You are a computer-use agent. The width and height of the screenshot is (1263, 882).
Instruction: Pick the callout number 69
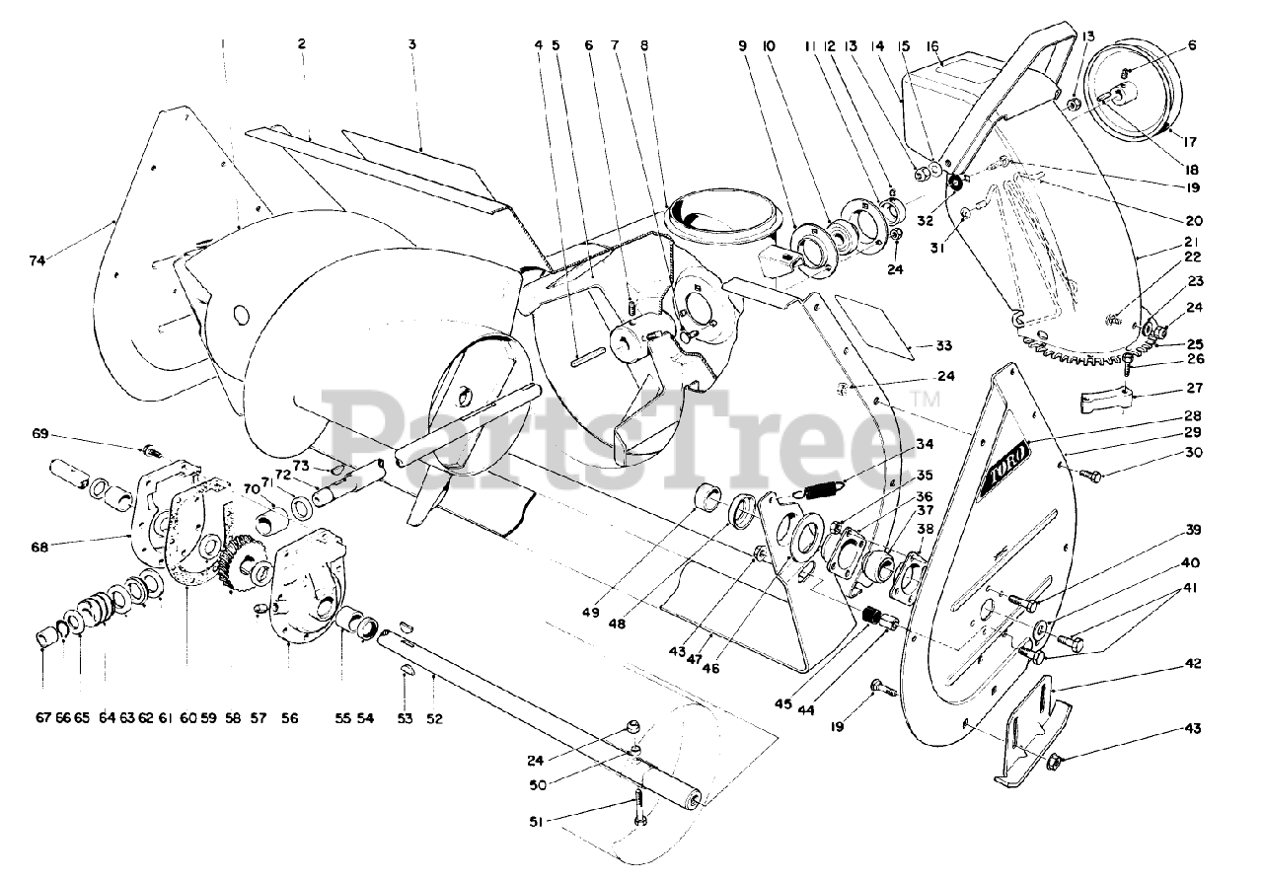pyautogui.click(x=68, y=434)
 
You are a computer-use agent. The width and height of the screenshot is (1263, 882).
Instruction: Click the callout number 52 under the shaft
pyautogui.click(x=434, y=719)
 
